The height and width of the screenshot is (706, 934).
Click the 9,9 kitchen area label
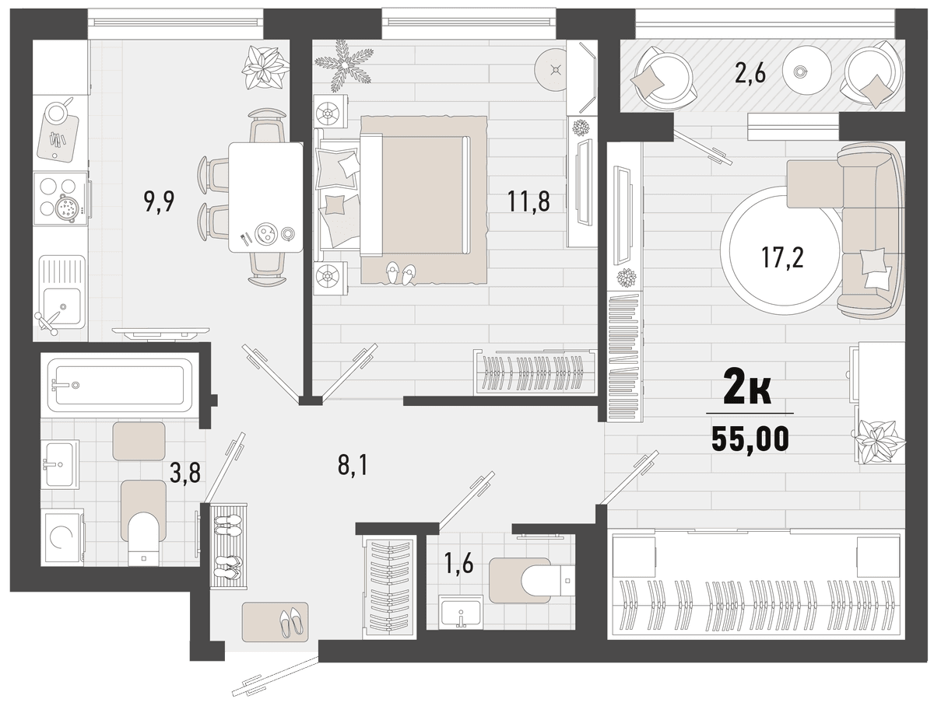[159, 201]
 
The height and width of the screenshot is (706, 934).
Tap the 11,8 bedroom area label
[528, 201]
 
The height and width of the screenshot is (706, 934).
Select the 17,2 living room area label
[782, 257]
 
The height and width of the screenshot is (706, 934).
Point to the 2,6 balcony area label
[750, 72]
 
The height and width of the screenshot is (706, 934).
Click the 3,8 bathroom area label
[185, 472]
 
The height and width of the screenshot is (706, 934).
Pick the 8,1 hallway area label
[353, 466]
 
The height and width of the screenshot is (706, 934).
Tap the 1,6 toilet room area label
[458, 564]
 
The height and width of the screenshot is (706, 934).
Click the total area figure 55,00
[750, 439]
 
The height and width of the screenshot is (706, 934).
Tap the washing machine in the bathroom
[63, 537]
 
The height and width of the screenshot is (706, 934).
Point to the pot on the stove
[66, 208]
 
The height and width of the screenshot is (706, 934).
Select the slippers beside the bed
[400, 274]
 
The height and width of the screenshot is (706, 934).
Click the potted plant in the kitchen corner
[265, 67]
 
